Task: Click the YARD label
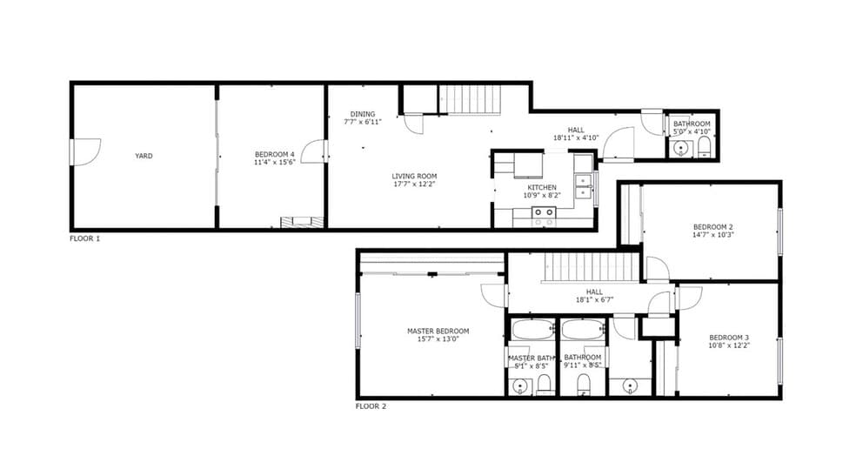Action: [144, 156]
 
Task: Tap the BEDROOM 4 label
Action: [274, 155]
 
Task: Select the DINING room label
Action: [363, 114]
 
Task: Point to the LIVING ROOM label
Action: [414, 176]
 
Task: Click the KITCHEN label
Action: [542, 187]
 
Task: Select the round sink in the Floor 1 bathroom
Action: [680, 149]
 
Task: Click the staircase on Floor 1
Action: [471, 100]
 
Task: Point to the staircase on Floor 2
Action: [592, 267]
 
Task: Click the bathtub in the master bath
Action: [532, 329]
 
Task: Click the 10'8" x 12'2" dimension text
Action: [729, 345]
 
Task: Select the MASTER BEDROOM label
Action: [438, 331]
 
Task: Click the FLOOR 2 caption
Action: [371, 406]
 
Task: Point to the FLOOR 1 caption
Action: [84, 238]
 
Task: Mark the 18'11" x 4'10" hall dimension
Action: [577, 137]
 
